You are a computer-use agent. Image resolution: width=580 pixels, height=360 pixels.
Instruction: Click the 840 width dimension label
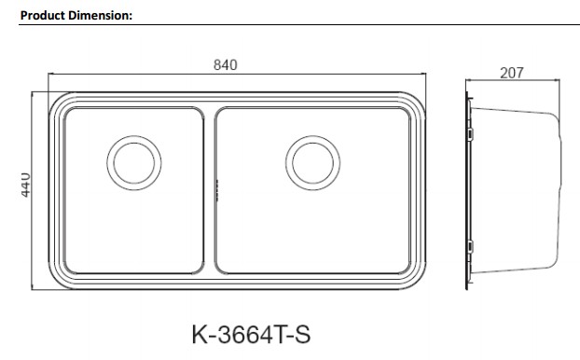point(226,65)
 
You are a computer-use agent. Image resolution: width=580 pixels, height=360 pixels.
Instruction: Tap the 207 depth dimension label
point(512,73)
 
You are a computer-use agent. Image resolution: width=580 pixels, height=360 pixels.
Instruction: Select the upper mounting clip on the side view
point(470,133)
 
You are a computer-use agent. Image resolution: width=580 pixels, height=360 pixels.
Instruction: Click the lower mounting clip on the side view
point(470,246)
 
